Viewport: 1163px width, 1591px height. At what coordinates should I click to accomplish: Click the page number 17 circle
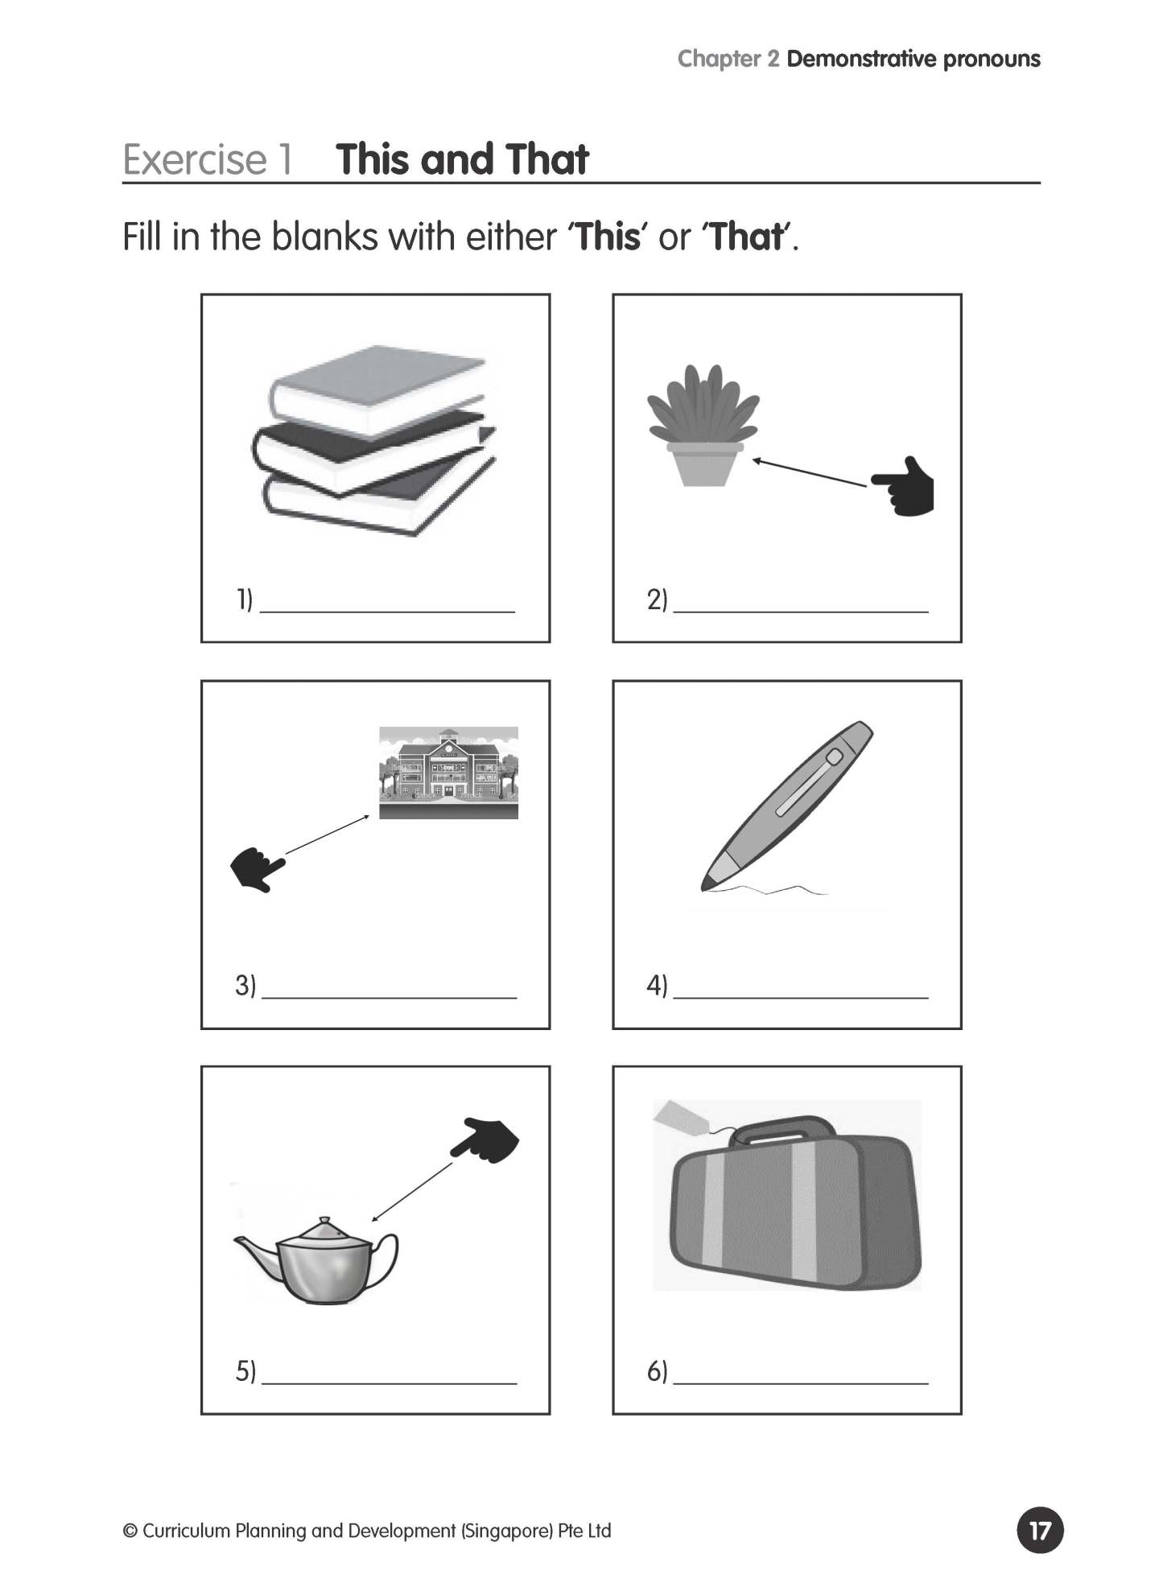[x=1040, y=1530]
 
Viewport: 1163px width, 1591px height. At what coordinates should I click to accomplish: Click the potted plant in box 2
[x=703, y=427]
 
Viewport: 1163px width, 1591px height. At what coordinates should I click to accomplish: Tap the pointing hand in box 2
[x=905, y=488]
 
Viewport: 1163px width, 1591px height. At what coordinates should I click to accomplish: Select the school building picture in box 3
[x=448, y=773]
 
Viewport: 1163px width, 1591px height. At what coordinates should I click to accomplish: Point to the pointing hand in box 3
[x=257, y=869]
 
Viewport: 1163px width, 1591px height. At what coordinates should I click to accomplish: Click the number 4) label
[x=657, y=985]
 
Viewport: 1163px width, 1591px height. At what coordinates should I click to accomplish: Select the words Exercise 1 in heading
[x=207, y=159]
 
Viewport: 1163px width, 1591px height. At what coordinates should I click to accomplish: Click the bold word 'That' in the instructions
[x=746, y=237]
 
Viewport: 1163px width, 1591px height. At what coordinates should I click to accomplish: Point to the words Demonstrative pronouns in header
[x=913, y=59]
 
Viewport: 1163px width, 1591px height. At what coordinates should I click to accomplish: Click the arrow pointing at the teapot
[x=411, y=1192]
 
